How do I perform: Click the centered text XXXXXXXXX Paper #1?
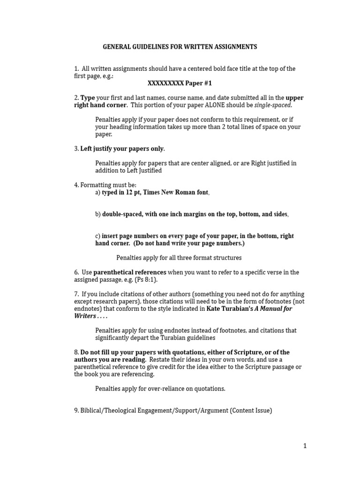point(180,83)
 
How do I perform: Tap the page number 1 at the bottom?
point(305,446)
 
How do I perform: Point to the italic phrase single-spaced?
point(273,105)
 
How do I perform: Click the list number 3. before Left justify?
point(76,149)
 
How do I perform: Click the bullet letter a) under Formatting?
point(98,193)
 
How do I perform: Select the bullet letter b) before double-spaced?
point(98,214)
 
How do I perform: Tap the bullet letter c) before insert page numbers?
point(98,236)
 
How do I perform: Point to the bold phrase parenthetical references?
point(130,272)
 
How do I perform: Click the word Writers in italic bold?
point(84,316)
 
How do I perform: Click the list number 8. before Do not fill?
point(76,352)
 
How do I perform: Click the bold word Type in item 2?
point(88,97)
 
